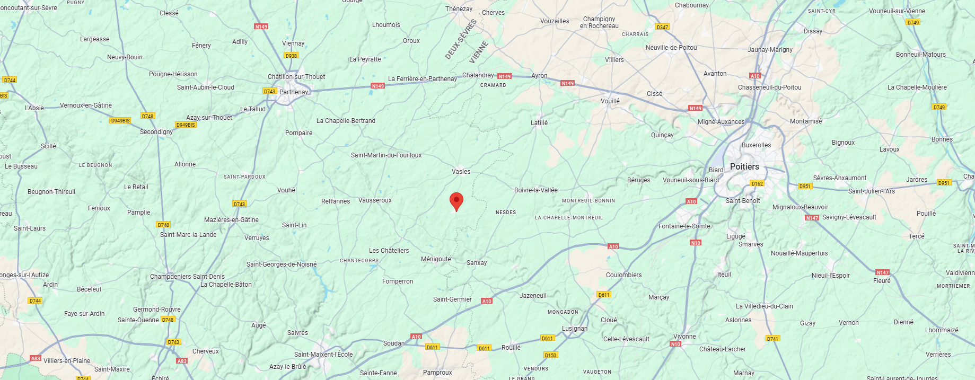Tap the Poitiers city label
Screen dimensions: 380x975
coord(744,166)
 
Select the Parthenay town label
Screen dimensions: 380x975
coord(293,92)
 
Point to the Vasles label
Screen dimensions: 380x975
coord(461,172)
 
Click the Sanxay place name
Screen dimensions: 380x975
coord(477,263)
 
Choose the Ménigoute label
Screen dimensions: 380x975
coord(436,259)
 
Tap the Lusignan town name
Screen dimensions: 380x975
coord(575,329)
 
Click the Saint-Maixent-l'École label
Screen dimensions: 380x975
coord(323,355)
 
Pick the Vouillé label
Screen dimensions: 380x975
coord(610,101)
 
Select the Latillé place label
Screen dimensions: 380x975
coord(539,123)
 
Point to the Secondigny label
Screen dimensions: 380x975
coord(156,132)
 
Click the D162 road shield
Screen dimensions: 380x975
coord(757,183)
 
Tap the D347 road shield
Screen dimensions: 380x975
coord(662,27)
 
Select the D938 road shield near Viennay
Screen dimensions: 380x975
coord(291,55)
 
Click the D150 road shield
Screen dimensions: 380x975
coord(550,355)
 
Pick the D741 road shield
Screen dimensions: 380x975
coord(772,339)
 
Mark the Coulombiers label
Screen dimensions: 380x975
coord(623,275)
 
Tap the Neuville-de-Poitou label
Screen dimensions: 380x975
coord(671,48)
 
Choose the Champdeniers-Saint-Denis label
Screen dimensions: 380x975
coord(187,277)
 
